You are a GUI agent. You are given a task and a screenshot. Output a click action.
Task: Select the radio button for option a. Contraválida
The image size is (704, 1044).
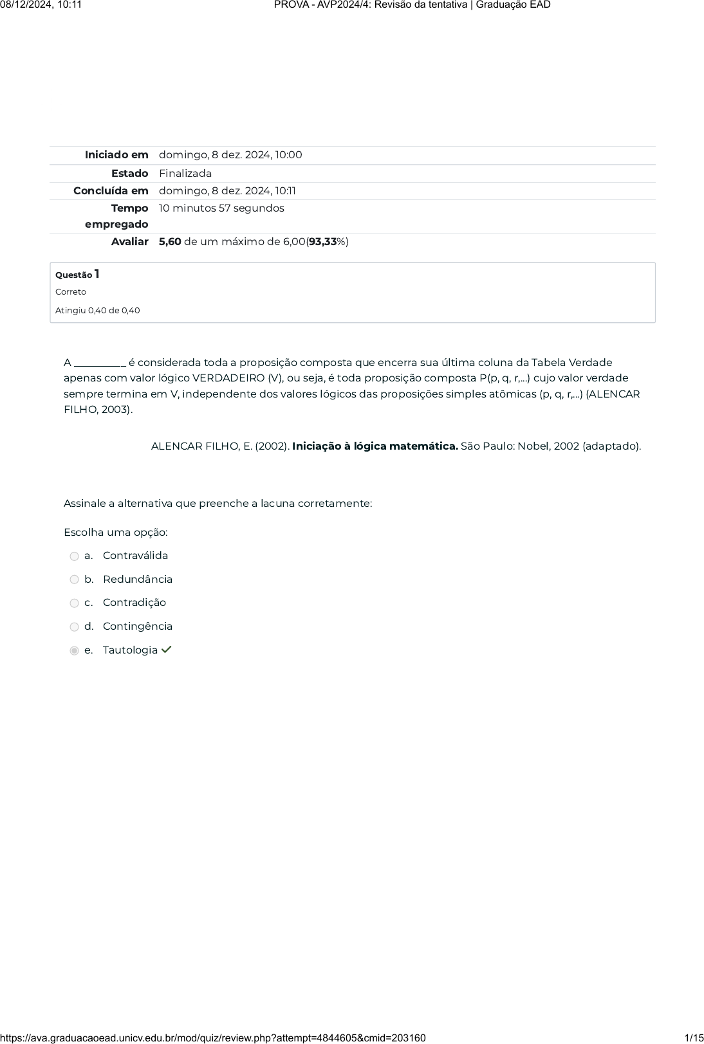point(74,556)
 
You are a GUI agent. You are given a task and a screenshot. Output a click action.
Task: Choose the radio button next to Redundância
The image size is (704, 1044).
point(74,580)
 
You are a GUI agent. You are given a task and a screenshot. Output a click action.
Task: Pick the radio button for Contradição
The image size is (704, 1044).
point(74,603)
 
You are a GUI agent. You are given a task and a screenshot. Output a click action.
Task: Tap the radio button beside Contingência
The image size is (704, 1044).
point(74,627)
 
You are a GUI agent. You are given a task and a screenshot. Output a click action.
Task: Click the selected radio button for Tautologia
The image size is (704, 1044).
point(74,651)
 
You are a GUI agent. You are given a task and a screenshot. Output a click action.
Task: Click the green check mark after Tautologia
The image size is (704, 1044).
point(167,650)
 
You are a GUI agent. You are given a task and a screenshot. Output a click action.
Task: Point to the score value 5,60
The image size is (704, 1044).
point(170,242)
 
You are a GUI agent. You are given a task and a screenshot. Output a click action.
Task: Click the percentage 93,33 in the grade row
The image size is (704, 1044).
point(323,242)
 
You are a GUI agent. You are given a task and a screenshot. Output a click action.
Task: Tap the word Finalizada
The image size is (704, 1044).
point(185,174)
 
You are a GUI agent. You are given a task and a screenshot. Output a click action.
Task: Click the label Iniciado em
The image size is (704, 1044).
point(116,155)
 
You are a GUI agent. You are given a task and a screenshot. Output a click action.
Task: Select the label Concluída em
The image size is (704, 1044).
point(111,191)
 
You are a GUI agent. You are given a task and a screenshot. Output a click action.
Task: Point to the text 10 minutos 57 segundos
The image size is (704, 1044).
point(221,208)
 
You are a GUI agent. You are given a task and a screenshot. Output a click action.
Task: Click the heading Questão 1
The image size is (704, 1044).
point(77,275)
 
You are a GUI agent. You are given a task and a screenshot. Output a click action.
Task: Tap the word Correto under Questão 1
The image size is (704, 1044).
point(71,292)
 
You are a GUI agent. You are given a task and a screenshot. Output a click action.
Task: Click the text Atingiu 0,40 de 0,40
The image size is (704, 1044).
point(97,311)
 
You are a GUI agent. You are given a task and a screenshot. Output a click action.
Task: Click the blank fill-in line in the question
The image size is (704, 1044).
point(100,363)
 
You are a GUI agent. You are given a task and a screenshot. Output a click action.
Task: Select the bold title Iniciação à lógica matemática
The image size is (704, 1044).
point(375,446)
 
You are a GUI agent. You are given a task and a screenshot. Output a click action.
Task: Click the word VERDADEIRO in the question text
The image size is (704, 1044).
point(228,378)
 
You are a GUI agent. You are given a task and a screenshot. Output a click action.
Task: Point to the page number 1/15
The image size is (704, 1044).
point(694,1038)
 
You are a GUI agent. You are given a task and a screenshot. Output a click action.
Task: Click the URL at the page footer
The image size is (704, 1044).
point(213,1038)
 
